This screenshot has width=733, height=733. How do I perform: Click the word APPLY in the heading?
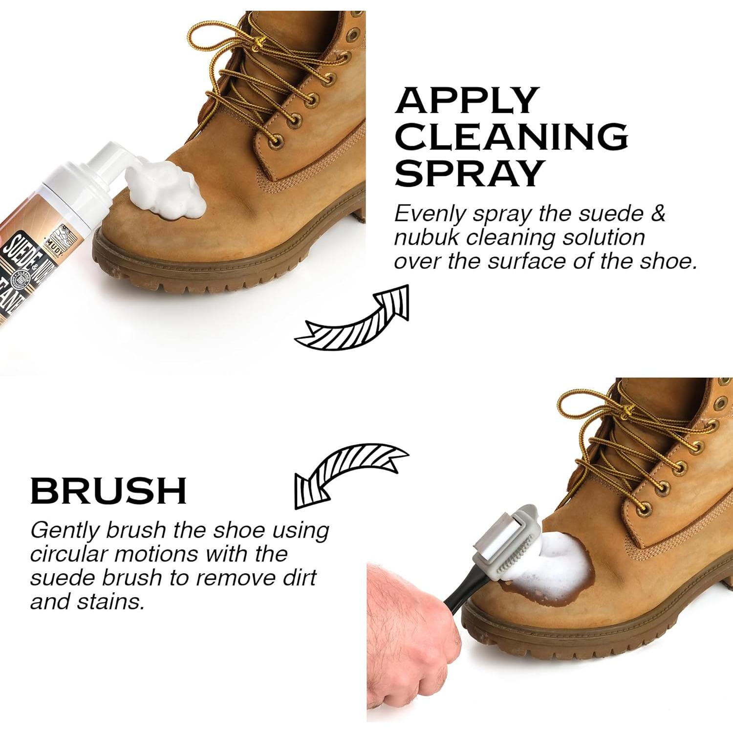click(466, 100)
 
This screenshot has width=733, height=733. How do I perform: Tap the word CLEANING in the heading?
click(511, 136)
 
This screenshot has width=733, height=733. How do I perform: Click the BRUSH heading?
click(108, 490)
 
